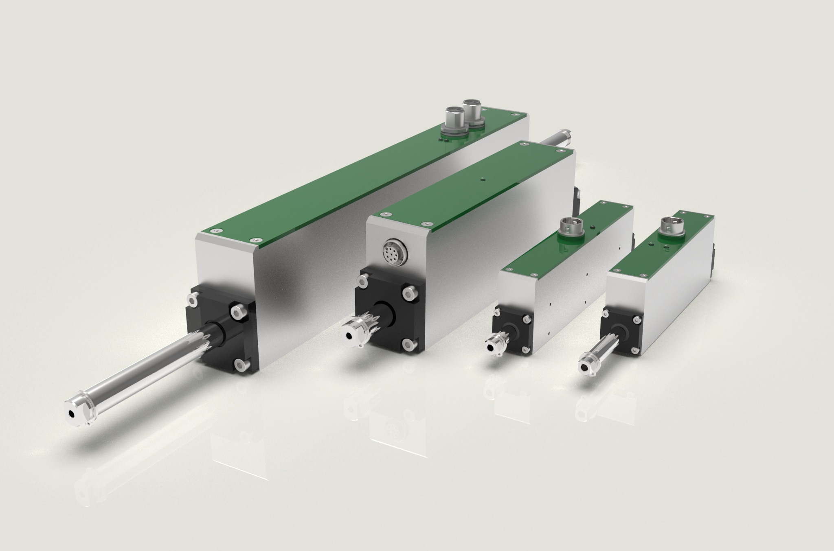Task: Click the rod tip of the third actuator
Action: (491, 347)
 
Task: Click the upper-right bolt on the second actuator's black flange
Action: (408, 294)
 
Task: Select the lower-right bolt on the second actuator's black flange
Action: (408, 345)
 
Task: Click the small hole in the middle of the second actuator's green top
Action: (482, 178)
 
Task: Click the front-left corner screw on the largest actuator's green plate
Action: (214, 231)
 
